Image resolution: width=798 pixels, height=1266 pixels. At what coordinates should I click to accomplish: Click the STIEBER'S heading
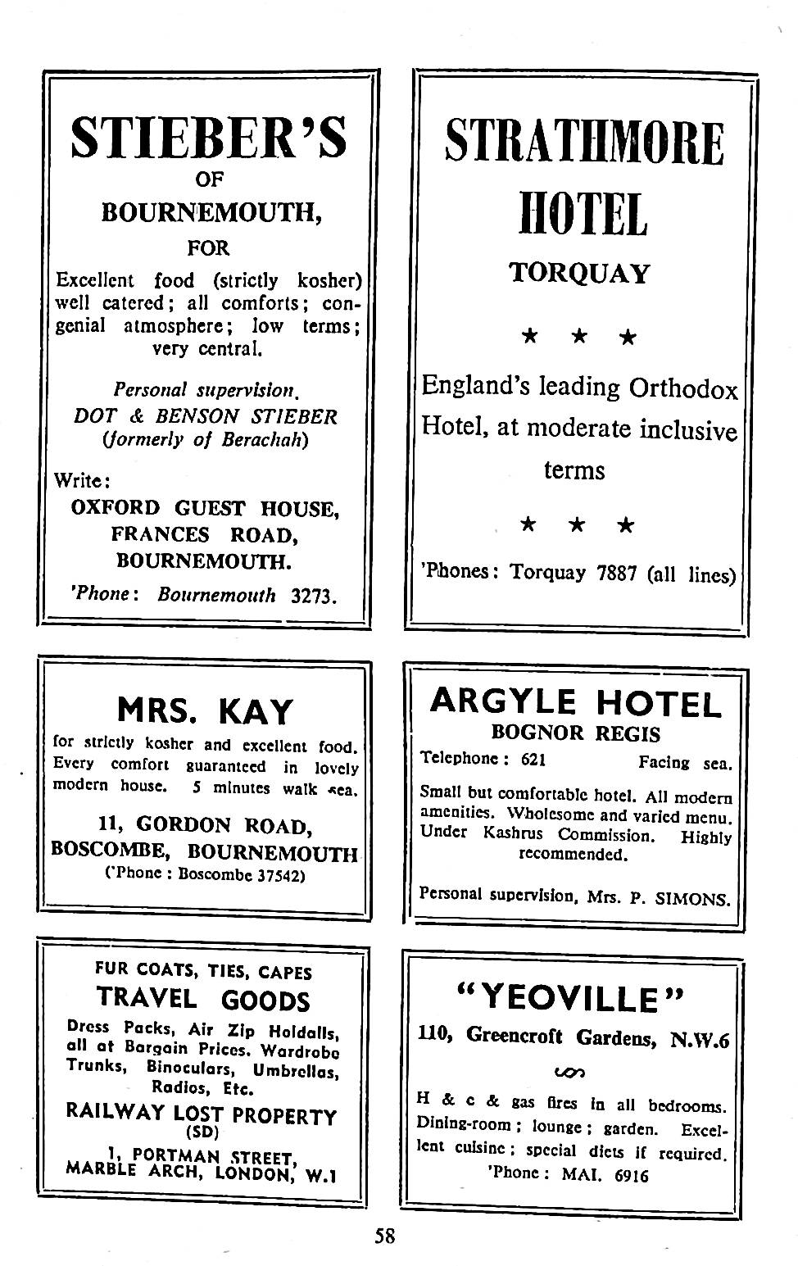208,137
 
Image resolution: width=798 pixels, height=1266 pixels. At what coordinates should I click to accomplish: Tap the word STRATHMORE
584,143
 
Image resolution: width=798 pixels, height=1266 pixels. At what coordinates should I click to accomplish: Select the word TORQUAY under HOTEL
579,273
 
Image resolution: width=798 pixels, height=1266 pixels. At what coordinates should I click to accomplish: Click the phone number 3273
314,596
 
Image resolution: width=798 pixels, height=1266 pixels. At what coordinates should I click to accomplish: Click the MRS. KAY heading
204,710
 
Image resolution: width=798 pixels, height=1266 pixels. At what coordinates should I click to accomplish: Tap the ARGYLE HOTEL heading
576,702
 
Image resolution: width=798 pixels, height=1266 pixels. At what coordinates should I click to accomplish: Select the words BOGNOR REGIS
575,733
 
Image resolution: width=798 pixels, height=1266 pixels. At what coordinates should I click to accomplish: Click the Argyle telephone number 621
533,760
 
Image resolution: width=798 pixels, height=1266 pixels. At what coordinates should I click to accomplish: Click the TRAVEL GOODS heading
203,999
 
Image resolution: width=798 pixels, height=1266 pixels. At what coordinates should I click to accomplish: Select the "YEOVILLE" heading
570,999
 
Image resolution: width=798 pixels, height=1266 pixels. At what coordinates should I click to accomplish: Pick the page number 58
385,1235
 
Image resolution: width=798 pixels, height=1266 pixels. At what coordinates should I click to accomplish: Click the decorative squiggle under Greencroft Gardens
569,1072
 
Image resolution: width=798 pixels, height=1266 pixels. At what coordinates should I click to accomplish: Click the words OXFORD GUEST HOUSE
205,508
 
